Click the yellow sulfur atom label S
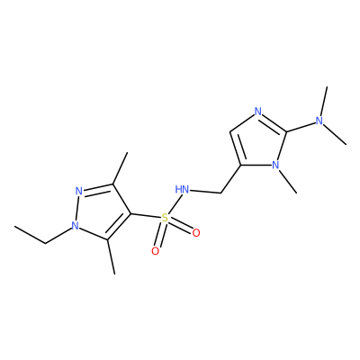tap(165, 218)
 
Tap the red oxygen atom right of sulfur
tap(196, 233)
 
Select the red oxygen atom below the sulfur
tap(155, 251)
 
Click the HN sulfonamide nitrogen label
tap(183, 190)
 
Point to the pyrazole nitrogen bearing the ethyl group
tap(75, 226)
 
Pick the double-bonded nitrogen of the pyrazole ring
tap(79, 191)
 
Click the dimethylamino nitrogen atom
tap(319, 121)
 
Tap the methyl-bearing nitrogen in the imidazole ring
tap(275, 165)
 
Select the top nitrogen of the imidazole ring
tap(257, 112)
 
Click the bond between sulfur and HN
tap(174, 204)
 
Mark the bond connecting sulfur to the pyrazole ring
tap(146, 216)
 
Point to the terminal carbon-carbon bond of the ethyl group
tap(30, 235)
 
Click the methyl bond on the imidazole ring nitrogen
tap(288, 182)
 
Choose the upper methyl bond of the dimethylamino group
tap(324, 102)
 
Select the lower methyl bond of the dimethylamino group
tap(335, 135)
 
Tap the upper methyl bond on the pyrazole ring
tap(120, 168)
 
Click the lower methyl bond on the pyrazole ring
tap(111, 256)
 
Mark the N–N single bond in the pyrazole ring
tap(77, 208)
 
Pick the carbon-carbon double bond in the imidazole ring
tap(235, 148)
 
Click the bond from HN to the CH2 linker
tap(205, 192)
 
